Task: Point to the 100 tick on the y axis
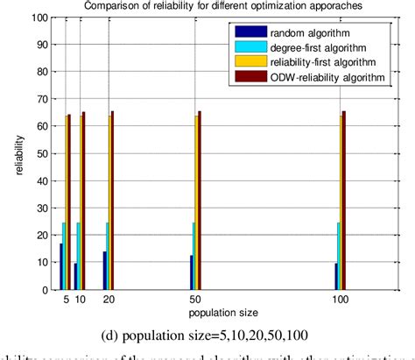pyautogui.click(x=42, y=18)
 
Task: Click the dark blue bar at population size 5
pyautogui.click(x=60, y=266)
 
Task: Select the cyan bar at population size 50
pyautogui.click(x=193, y=256)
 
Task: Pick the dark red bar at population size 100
pyautogui.click(x=344, y=201)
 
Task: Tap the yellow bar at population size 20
pyautogui.click(x=110, y=203)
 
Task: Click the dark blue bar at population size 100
pyautogui.click(x=334, y=276)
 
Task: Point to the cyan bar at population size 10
pyautogui.click(x=79, y=256)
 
